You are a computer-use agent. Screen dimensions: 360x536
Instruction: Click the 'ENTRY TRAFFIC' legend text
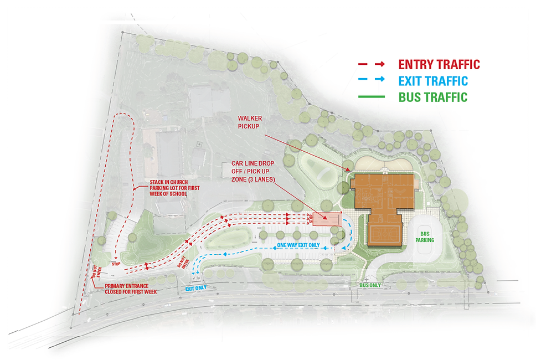[439, 65]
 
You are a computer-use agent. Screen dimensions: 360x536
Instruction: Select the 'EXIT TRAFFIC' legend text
[433, 81]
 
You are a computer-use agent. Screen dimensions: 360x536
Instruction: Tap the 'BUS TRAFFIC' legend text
[433, 97]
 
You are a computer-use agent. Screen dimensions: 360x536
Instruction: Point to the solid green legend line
[372, 97]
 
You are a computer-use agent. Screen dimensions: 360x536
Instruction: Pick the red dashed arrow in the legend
[372, 65]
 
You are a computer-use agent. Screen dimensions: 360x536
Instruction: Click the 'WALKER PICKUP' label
[250, 122]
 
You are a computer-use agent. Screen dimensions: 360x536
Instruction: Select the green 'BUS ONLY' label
[370, 285]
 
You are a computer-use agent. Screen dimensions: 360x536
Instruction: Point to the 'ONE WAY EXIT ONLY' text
[298, 245]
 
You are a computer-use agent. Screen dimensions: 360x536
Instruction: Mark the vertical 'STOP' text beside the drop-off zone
[312, 219]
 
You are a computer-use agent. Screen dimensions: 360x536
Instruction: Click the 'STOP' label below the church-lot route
[116, 264]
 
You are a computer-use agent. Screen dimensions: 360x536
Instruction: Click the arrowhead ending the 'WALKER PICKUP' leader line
[350, 169]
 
